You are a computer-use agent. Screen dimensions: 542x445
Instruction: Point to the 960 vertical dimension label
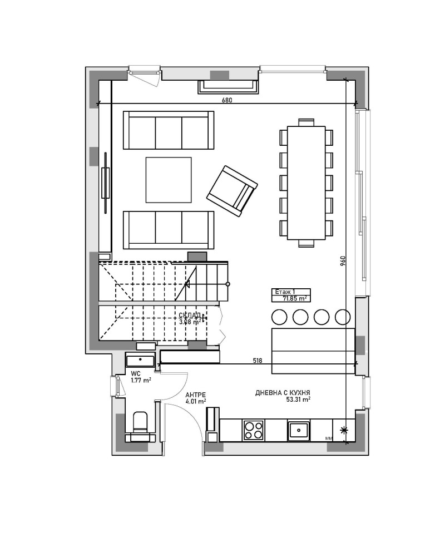point(343,261)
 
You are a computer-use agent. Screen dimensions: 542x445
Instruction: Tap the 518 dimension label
point(258,361)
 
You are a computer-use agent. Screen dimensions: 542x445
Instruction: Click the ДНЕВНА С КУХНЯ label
point(283,393)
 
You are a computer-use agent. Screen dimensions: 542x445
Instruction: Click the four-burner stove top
point(253,429)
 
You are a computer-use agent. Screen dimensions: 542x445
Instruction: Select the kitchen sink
point(299,429)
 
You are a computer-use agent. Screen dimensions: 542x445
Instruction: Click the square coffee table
point(169,180)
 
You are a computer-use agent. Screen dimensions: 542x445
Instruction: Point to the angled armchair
point(232,191)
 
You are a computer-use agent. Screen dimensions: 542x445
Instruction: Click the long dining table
point(306,182)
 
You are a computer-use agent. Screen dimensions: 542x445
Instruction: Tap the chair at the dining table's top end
point(306,122)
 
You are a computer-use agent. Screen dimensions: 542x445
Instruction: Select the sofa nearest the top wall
point(168,130)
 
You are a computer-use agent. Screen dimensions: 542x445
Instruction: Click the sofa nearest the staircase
point(168,229)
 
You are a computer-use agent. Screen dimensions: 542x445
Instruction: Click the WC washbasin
point(141,360)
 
